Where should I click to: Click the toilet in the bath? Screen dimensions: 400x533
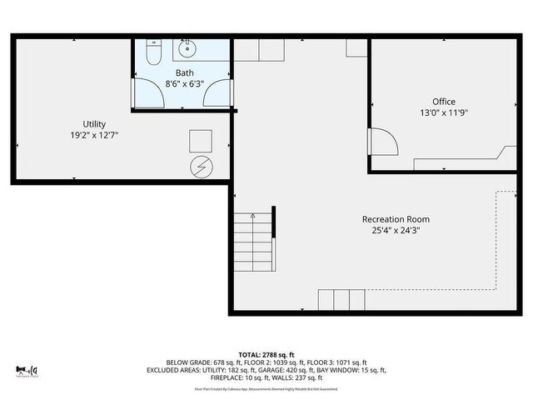click(152, 54)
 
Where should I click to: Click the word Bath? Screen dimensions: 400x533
click(184, 72)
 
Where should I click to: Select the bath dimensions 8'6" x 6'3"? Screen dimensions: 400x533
click(184, 83)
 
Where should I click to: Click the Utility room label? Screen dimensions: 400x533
click(94, 124)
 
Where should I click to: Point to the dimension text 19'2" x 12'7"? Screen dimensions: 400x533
click(94, 135)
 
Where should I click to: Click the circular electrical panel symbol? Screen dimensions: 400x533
click(201, 167)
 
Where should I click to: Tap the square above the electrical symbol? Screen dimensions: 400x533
click(201, 139)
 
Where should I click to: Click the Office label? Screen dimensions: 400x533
click(443, 102)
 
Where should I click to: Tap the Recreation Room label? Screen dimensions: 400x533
click(396, 219)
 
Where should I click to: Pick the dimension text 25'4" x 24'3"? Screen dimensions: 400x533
click(396, 231)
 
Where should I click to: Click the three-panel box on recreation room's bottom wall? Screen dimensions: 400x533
click(341, 299)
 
